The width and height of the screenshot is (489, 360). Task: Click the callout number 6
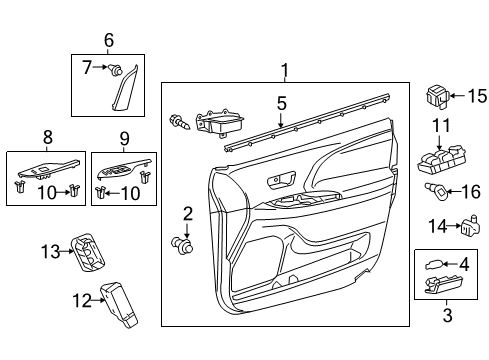point(109,40)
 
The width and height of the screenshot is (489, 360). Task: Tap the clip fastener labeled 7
point(115,70)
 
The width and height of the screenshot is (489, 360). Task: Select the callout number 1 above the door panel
point(285,70)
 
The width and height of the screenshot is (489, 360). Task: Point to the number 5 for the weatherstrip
point(282,103)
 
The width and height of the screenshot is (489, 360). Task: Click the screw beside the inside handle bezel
point(179,122)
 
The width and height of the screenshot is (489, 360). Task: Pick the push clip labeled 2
point(182,247)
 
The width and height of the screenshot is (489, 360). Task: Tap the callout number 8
point(48,137)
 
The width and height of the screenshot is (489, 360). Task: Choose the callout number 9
point(124,138)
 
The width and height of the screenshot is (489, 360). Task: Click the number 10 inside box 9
point(130,193)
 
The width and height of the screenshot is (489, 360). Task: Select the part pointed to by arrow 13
point(87,252)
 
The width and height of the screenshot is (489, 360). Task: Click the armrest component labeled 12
point(119,304)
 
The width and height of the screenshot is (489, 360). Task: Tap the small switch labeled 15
point(438,97)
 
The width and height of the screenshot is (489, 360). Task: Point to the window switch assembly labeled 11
point(442,160)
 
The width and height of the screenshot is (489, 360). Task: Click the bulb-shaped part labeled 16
point(436,192)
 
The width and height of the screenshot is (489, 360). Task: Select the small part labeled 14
point(470,226)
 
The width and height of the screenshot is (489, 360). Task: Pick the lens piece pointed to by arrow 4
point(434,265)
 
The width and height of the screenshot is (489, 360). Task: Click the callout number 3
point(447,315)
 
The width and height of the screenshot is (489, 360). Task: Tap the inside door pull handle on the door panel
point(281,180)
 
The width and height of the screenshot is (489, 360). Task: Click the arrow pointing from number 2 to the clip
point(187,231)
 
